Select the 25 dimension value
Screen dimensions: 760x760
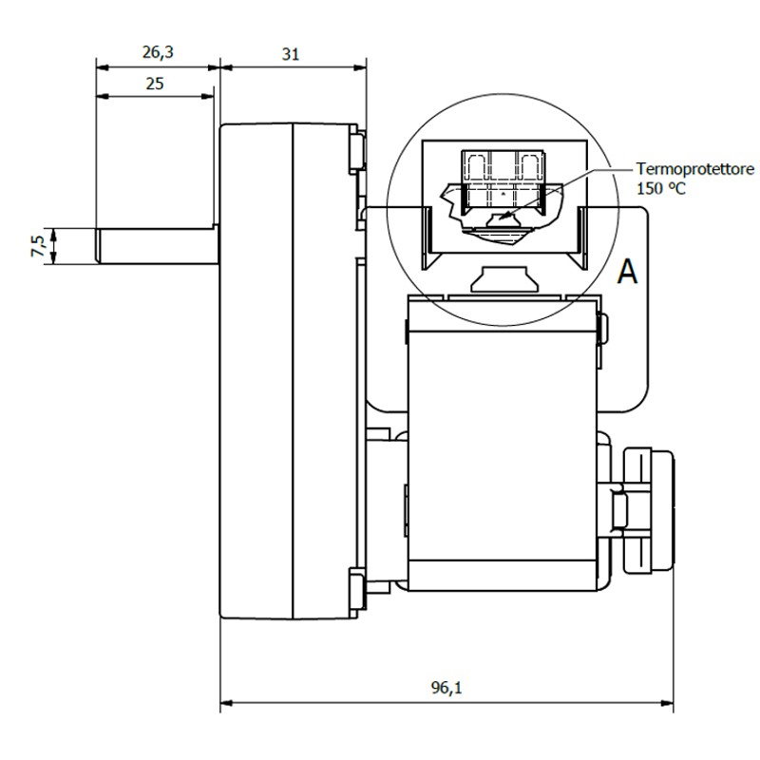click(154, 84)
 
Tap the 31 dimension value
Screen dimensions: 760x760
click(291, 54)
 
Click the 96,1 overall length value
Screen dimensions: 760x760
click(446, 689)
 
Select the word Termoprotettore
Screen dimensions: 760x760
click(695, 169)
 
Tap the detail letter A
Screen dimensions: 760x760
click(627, 273)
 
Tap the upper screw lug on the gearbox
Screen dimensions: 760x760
click(357, 150)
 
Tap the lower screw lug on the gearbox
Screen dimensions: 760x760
click(357, 586)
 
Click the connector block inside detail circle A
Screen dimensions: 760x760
click(501, 180)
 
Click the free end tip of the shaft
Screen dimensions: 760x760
click(99, 246)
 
